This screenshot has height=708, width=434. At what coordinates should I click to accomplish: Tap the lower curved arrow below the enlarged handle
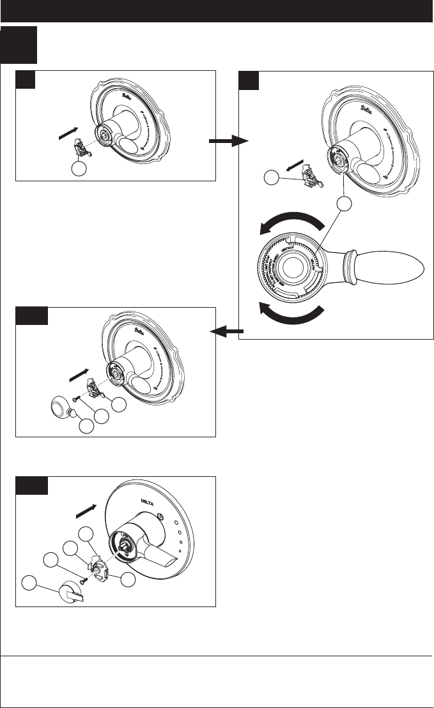pos(291,314)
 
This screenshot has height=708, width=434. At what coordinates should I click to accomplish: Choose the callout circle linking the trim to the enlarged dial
pos(345,204)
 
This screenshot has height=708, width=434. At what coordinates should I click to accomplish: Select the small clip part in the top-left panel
pos(80,147)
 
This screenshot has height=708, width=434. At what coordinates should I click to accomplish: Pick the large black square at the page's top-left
pos(19,45)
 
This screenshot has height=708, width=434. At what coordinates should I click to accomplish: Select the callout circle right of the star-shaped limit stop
pos(129,579)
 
